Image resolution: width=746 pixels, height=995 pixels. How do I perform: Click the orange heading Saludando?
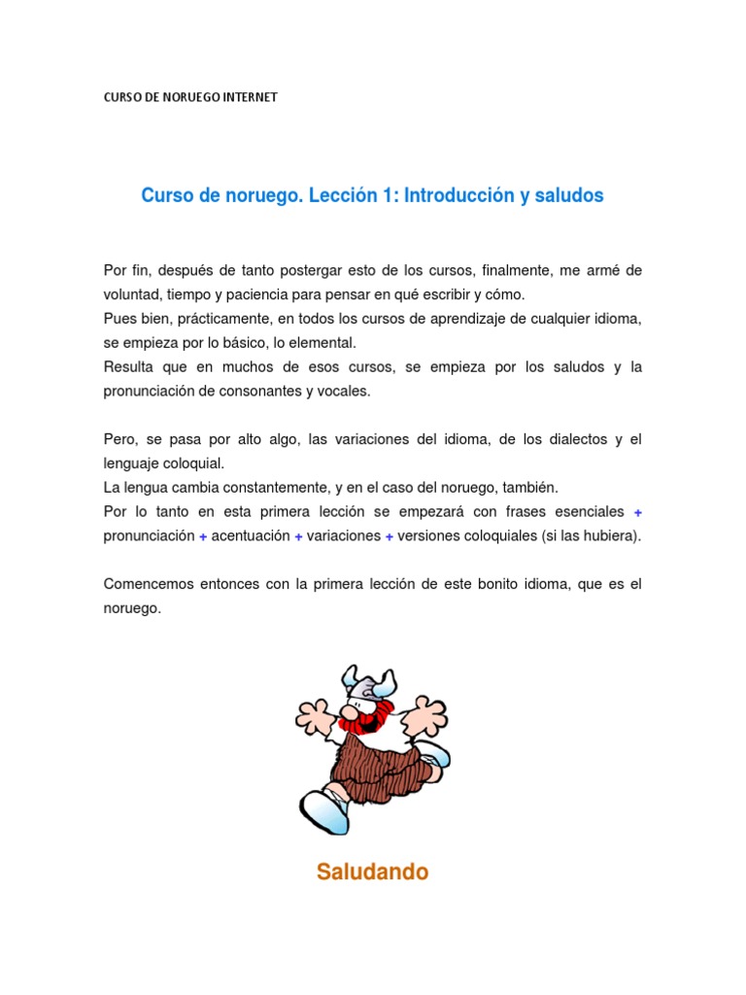[372, 872]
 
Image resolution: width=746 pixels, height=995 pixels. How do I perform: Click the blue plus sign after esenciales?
[637, 512]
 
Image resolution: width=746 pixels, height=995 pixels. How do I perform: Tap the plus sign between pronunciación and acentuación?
[203, 536]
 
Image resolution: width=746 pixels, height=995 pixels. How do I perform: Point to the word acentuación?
[251, 536]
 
